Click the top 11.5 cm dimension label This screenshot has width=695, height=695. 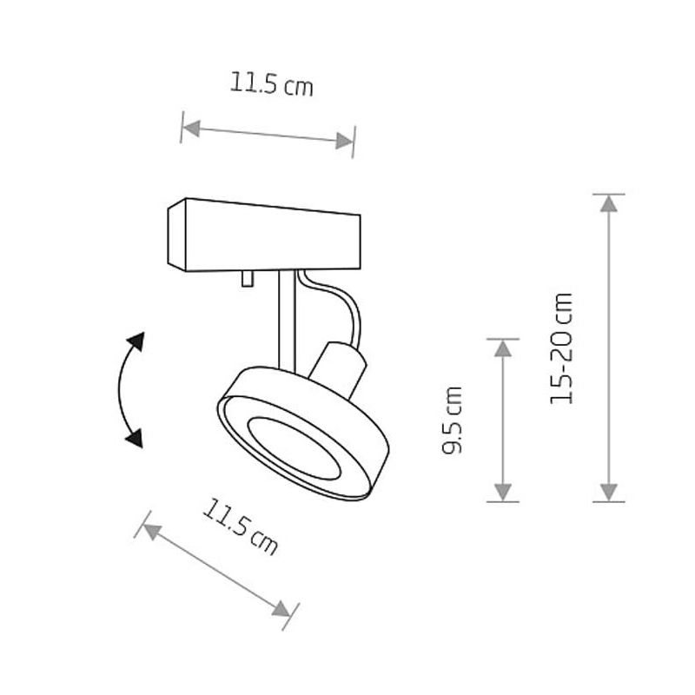[271, 83]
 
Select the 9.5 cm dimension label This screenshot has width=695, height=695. [453, 420]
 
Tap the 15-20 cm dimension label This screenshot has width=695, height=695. [561, 348]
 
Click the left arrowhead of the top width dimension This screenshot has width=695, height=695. [191, 129]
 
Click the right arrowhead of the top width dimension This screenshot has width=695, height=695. [344, 141]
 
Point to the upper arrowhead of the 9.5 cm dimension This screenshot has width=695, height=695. [503, 349]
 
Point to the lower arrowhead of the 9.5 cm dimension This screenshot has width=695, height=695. [503, 493]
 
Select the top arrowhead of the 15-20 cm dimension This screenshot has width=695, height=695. [609, 203]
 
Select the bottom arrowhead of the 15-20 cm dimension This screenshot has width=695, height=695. [609, 493]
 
